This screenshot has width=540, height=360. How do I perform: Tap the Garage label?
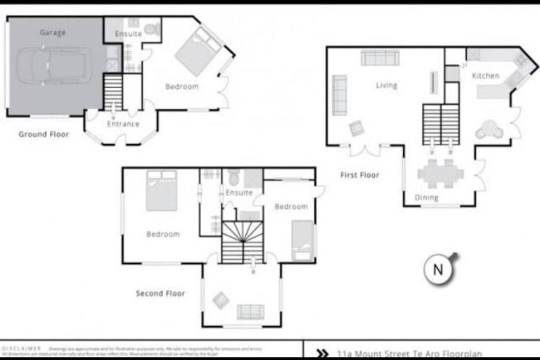[x=53, y=32]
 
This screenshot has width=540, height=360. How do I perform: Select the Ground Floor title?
[x=44, y=134]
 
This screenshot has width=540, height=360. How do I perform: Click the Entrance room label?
[x=123, y=124]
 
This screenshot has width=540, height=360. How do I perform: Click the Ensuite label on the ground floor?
[x=128, y=33]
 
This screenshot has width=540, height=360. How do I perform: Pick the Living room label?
[x=386, y=86]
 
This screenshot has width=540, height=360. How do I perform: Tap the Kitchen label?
[x=485, y=76]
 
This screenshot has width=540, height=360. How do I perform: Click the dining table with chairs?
[x=440, y=172]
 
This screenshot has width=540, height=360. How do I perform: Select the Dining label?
[x=426, y=198]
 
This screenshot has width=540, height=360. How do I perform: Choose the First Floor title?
[x=359, y=175]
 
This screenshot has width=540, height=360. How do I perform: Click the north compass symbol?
[x=439, y=269]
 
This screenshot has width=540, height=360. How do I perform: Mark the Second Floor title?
[x=160, y=293]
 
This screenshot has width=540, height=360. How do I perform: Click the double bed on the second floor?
[x=161, y=191]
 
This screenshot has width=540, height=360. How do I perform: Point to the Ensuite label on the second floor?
[x=239, y=193]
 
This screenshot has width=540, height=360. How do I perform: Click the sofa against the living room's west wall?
[x=340, y=95]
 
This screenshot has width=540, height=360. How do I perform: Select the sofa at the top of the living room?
[x=380, y=58]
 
